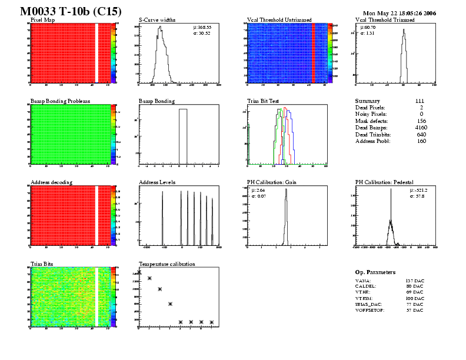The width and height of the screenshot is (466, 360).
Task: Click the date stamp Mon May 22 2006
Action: [x=400, y=13]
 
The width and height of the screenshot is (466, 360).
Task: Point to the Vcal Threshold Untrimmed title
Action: [x=279, y=20]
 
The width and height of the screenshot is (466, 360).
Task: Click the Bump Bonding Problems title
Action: [x=60, y=101]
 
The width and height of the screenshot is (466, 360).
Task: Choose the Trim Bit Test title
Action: [x=263, y=101]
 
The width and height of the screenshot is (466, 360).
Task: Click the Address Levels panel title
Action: [x=157, y=182]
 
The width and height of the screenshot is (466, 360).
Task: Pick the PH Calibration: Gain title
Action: [x=272, y=182]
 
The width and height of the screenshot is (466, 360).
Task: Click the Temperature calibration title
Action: [x=167, y=264]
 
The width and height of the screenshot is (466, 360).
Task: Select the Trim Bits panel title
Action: [x=42, y=264]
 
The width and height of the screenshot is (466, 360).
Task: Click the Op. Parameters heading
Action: [x=375, y=272]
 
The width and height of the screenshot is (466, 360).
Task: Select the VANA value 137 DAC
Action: [x=415, y=281]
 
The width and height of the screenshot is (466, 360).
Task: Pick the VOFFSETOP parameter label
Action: [x=370, y=310]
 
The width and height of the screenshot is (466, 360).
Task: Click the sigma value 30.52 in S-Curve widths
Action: [x=202, y=33]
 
